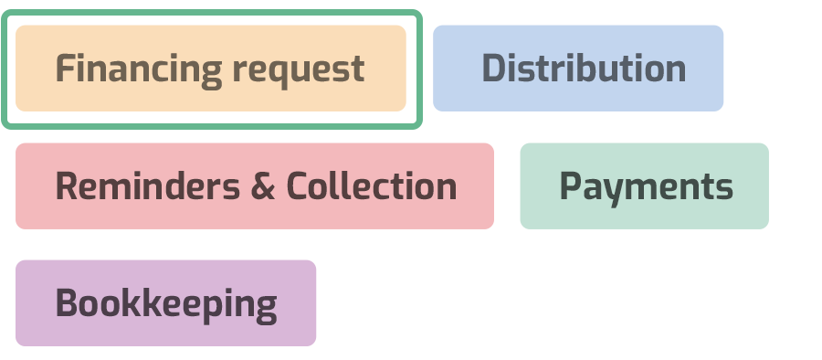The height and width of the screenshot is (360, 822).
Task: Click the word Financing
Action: pyautogui.click(x=138, y=69)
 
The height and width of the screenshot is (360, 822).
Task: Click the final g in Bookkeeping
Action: pyautogui.click(x=265, y=307)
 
